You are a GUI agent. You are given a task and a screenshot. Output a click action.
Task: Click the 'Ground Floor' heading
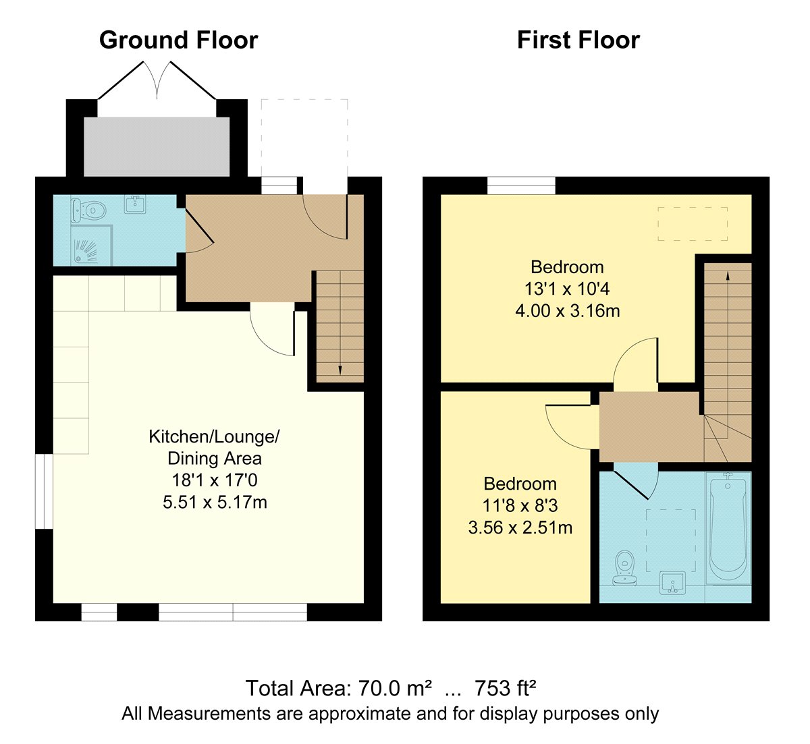(178, 40)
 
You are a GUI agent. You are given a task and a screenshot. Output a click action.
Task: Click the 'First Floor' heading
(578, 40)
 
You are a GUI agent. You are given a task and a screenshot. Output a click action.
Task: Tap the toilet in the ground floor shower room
(88, 210)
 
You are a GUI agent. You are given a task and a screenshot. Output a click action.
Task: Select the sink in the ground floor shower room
(135, 204)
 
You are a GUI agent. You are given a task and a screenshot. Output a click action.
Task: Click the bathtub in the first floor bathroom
(728, 528)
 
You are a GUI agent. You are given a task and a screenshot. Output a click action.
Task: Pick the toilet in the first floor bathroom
(624, 568)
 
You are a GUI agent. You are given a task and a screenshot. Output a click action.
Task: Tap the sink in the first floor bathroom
(673, 583)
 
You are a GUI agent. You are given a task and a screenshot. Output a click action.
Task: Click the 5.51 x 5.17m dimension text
(215, 503)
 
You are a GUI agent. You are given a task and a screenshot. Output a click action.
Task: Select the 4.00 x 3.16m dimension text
(567, 311)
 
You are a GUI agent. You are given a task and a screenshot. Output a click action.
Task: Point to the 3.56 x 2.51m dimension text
(520, 527)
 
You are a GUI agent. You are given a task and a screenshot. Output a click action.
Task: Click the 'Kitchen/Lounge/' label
(214, 437)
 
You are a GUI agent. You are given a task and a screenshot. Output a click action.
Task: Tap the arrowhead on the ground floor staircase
(340, 370)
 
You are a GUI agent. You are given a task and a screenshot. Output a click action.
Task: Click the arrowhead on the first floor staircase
(728, 276)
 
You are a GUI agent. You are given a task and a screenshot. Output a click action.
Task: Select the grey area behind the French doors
(157, 146)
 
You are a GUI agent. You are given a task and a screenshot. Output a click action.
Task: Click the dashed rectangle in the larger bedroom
(693, 224)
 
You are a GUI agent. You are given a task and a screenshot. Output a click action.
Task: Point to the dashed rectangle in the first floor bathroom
(671, 540)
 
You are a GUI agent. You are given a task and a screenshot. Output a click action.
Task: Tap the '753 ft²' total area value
(505, 688)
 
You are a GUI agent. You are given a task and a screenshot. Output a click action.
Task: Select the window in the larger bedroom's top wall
(521, 185)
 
